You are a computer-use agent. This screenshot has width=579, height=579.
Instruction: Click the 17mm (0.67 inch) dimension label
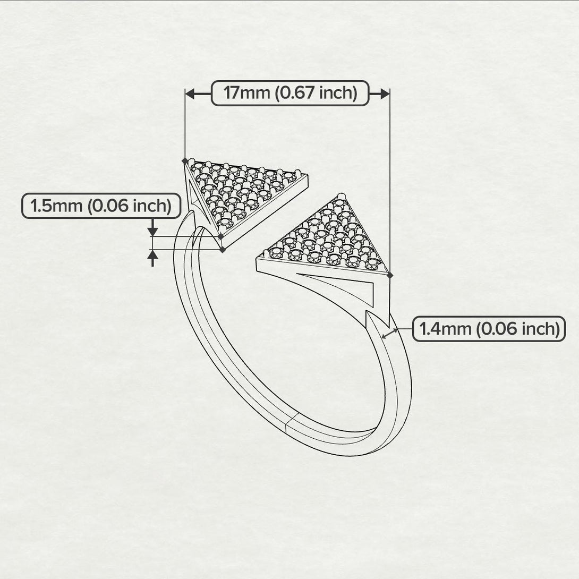click(289, 93)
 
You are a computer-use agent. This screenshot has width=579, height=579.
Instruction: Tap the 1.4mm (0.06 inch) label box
click(489, 329)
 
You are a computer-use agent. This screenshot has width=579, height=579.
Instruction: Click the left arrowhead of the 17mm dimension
click(190, 93)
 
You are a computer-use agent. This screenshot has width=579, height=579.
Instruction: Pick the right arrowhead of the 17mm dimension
click(385, 93)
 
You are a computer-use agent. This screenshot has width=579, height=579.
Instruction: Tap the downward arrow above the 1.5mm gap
click(153, 231)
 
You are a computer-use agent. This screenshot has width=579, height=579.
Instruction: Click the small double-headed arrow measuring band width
click(390, 333)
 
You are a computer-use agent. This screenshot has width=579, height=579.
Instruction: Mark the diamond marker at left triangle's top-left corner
click(184, 160)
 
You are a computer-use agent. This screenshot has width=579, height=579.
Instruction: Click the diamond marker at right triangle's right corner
click(390, 275)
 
